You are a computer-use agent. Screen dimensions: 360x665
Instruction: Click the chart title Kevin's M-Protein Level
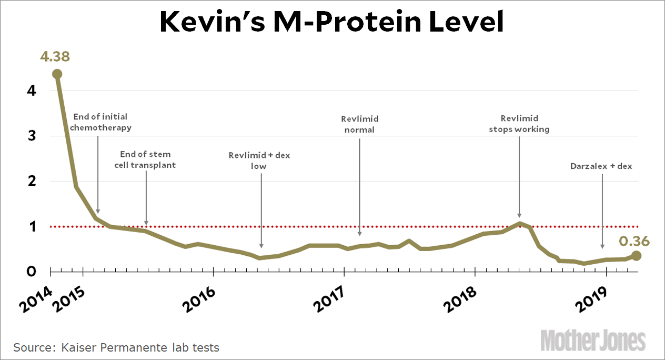[332, 23]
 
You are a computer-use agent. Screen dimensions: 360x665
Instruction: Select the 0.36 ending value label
[634, 242]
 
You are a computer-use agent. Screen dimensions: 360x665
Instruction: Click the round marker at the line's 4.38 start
[57, 74]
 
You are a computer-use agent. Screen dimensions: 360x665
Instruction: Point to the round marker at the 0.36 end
[636, 256]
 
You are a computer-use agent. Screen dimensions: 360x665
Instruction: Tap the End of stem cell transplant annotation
[145, 159]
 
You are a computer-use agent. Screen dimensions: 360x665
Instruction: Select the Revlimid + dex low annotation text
[259, 161]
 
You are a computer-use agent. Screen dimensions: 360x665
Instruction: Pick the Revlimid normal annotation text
[359, 124]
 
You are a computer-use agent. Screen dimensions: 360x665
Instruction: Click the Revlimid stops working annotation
[519, 124]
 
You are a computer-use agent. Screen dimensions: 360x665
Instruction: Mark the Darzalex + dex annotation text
[601, 166]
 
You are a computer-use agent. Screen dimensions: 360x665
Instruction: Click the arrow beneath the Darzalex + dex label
[602, 211]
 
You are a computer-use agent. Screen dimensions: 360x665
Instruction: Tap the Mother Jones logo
[593, 340]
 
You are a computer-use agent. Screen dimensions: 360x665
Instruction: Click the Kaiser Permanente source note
[116, 347]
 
